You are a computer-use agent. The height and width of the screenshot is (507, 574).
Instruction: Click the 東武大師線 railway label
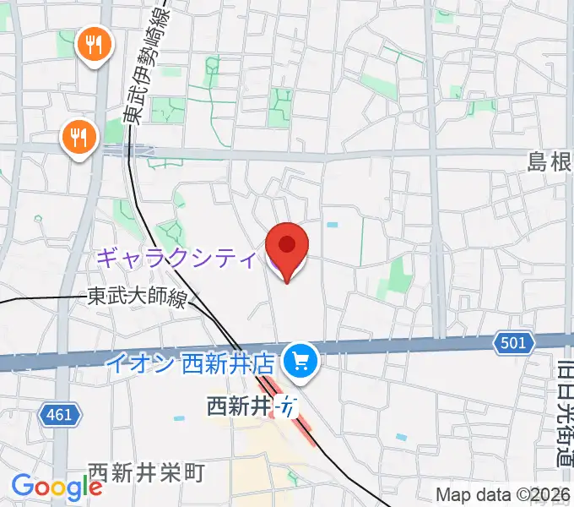coord(136,297)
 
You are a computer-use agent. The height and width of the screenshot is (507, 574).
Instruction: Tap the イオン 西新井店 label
coord(191,363)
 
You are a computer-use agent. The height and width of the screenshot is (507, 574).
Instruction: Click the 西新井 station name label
coord(239,406)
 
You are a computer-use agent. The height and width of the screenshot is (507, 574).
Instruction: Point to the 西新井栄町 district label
coord(146,472)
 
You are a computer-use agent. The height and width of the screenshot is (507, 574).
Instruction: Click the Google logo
coord(57,487)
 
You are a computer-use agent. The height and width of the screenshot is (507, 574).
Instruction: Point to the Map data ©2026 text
coord(503,494)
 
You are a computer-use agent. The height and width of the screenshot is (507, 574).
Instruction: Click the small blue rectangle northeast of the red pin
coord(332,226)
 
